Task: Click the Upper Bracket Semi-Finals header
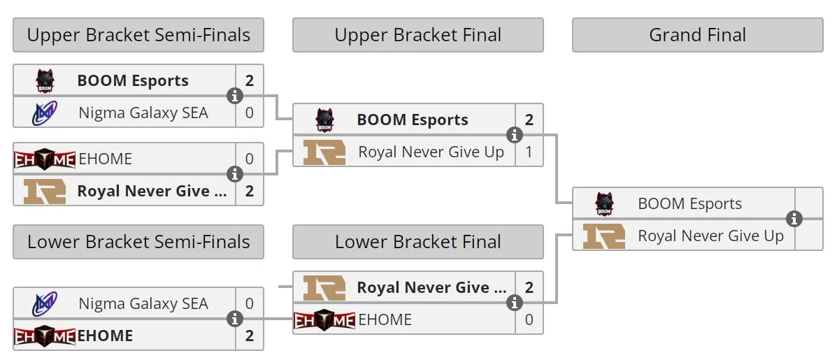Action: click(x=138, y=35)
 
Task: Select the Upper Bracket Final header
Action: click(x=418, y=35)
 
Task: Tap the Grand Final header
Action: click(x=698, y=35)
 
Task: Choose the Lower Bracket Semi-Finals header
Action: click(x=138, y=242)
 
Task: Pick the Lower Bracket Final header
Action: click(x=418, y=242)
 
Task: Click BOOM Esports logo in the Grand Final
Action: click(x=604, y=203)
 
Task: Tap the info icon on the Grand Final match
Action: click(x=794, y=219)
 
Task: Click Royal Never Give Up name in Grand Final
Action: click(x=710, y=236)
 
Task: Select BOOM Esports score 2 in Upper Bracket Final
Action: click(x=529, y=120)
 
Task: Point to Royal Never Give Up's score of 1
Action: click(x=529, y=152)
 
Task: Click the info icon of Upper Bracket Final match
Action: click(x=515, y=135)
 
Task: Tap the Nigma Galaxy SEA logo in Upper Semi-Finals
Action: click(x=45, y=113)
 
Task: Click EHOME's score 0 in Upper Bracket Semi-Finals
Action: click(x=250, y=159)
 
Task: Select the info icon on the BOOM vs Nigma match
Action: click(x=235, y=96)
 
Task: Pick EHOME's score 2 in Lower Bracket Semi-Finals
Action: click(x=250, y=336)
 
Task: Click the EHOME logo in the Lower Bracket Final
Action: click(x=324, y=320)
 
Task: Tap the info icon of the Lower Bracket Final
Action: click(x=515, y=303)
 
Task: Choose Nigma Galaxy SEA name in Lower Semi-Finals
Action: click(x=143, y=303)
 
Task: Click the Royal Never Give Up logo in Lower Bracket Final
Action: click(x=324, y=287)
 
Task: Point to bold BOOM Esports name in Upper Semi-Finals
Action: click(x=133, y=80)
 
